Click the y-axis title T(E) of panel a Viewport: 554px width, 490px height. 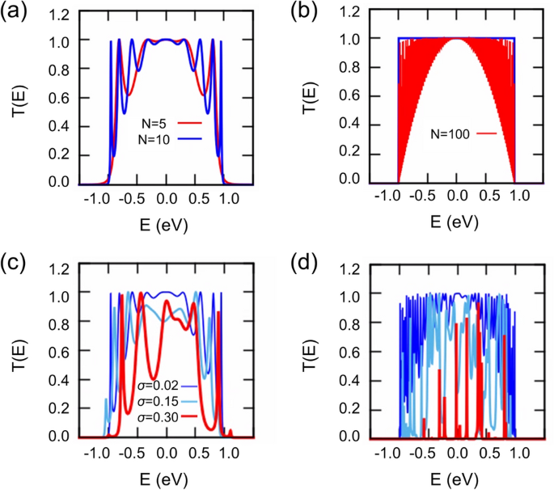pos(19,99)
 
